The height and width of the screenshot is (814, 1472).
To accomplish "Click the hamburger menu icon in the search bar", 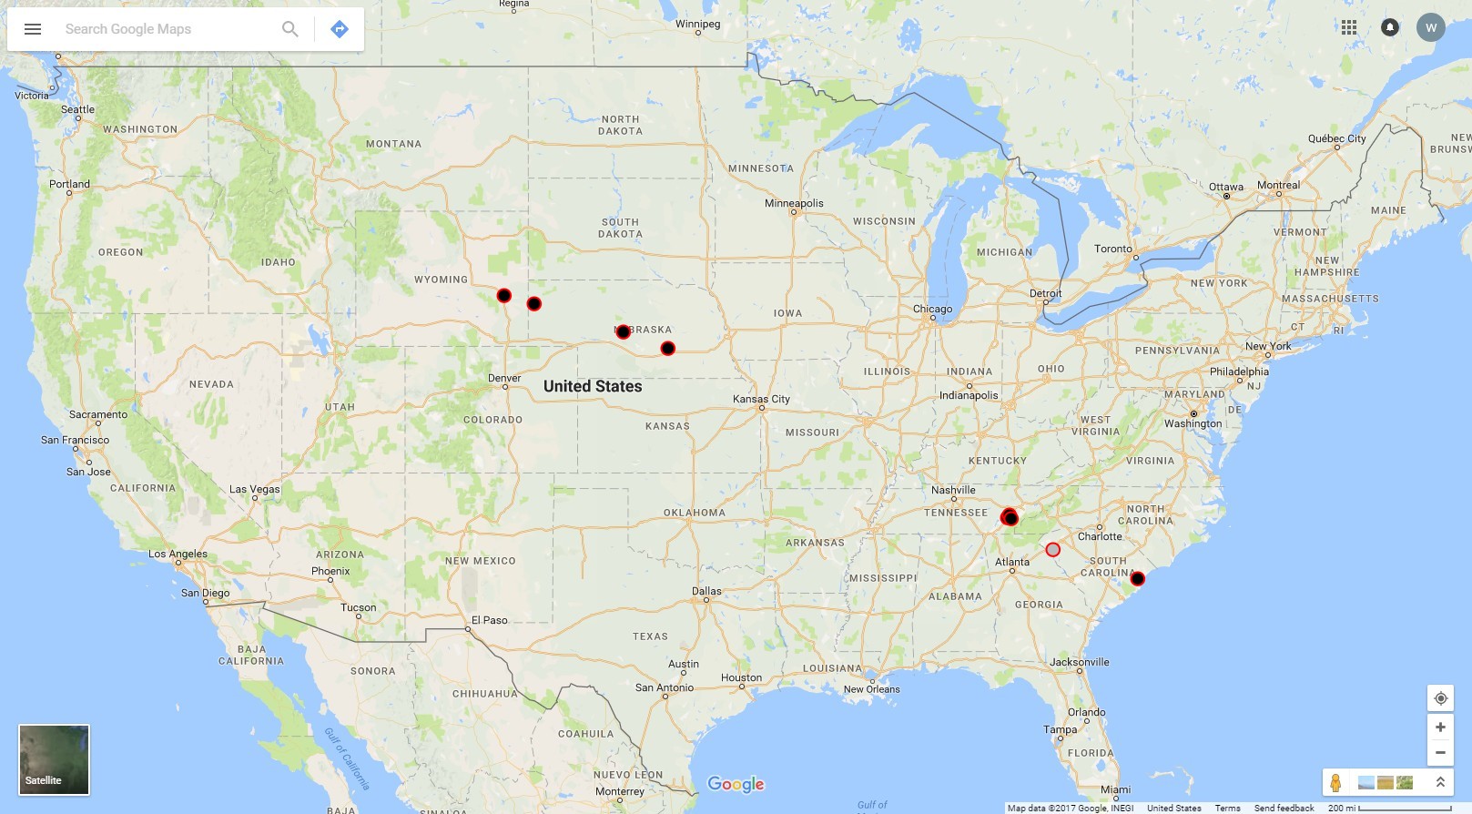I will coord(33,29).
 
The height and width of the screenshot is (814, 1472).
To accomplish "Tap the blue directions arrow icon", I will coord(340,29).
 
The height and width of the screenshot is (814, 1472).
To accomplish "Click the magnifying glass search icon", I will coord(290,29).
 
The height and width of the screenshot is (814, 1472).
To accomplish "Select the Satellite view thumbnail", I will coord(54,759).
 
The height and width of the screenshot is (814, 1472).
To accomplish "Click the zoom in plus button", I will coord(1440,728).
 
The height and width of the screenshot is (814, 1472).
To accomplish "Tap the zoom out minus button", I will coord(1440,753).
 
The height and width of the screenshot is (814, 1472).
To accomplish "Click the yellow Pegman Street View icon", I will coord(1335,783).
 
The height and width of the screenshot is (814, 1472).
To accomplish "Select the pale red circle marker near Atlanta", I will coord(1053,550).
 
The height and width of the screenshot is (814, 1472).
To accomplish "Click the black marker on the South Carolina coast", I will coord(1138,579).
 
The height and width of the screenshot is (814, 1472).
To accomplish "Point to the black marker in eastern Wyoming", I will coord(504,296).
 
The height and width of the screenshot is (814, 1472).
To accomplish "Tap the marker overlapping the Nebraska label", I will coord(624,332).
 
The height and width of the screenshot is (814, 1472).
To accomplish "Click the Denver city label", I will coord(504,378).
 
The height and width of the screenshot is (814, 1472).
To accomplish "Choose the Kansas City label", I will coord(761,399).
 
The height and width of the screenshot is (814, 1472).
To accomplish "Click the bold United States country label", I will coord(593,386).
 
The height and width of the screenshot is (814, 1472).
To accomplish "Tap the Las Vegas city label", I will coord(255,489).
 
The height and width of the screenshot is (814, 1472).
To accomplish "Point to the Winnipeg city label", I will coord(697,24).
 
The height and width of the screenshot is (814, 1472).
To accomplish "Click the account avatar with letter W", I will coord(1431,27).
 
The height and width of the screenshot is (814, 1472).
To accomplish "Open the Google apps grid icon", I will coord(1349,27).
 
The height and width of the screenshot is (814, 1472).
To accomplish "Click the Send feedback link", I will coord(1284,808).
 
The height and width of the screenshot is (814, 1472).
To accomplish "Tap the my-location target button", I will coord(1440,698).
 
